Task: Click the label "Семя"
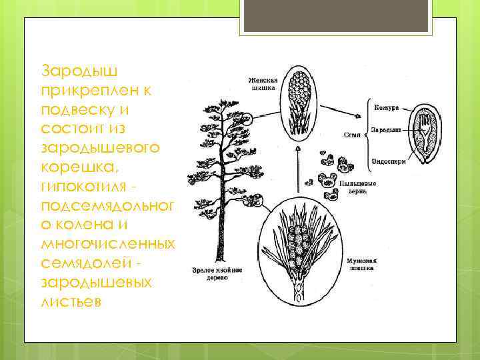352,135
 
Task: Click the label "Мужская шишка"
360,265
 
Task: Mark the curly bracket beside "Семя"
367,134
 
